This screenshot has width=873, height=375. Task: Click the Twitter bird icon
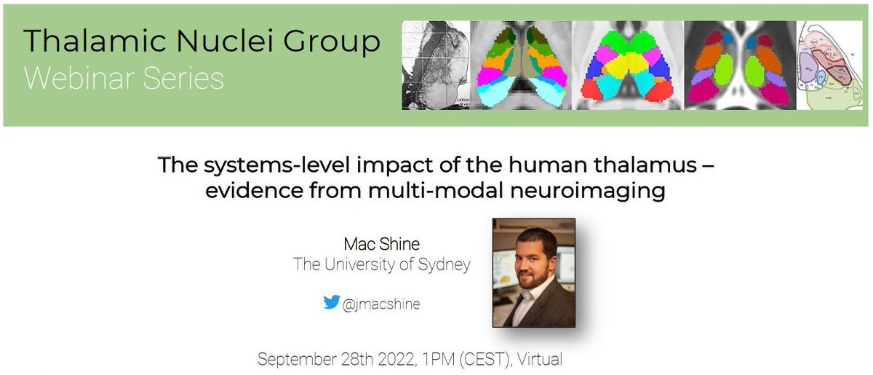(x=332, y=302)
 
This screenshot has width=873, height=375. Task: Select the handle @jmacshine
(x=381, y=304)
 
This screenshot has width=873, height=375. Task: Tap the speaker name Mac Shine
(x=381, y=243)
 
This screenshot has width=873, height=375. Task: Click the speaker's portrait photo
(x=533, y=272)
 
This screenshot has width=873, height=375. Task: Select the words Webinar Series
(x=124, y=78)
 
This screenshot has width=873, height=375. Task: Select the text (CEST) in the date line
(x=477, y=359)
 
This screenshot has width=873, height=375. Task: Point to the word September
(x=295, y=359)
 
